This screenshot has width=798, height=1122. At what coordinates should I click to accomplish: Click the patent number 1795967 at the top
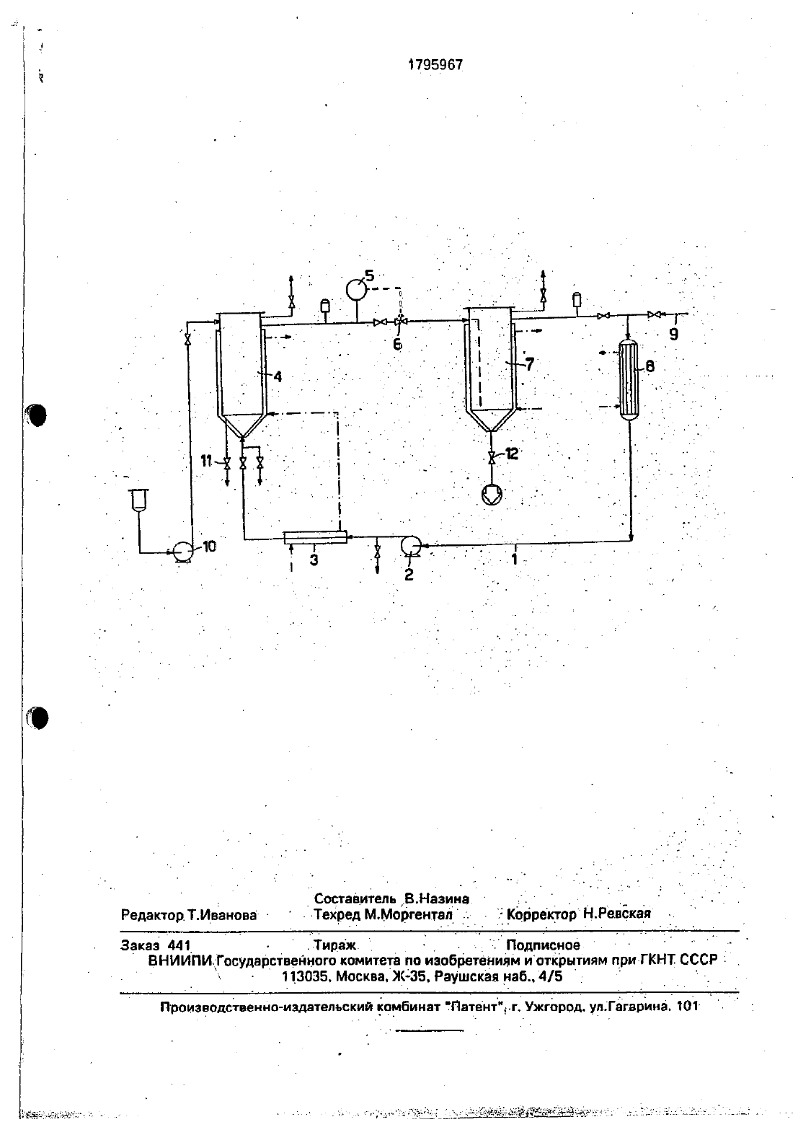coord(435,65)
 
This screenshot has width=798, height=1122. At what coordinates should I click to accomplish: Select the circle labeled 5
coord(356,289)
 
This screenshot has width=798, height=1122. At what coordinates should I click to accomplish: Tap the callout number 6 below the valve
coord(397,345)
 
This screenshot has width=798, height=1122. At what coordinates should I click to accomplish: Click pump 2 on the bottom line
coord(411,545)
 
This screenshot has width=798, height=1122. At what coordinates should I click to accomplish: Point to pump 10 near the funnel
coord(181,552)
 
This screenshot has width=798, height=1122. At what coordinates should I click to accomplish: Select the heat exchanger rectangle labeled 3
coord(316,537)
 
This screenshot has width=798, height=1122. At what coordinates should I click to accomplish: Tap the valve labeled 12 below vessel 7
coord(492,457)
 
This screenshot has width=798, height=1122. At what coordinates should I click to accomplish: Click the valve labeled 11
coord(226,464)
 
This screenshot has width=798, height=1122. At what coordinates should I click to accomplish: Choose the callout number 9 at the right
coord(674,335)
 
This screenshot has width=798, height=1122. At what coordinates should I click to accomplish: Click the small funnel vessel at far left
coord(137,500)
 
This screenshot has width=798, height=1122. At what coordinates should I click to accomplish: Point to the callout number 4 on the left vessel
coord(278,376)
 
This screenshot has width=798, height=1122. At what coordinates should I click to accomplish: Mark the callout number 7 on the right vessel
coord(529,363)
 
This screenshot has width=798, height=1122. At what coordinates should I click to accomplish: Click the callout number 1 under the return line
coord(514,559)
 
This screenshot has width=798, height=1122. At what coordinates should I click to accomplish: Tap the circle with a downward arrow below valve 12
coord(491,495)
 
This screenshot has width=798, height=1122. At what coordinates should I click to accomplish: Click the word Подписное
coord(544,945)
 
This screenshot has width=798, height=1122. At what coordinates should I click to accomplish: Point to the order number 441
coord(179,945)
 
